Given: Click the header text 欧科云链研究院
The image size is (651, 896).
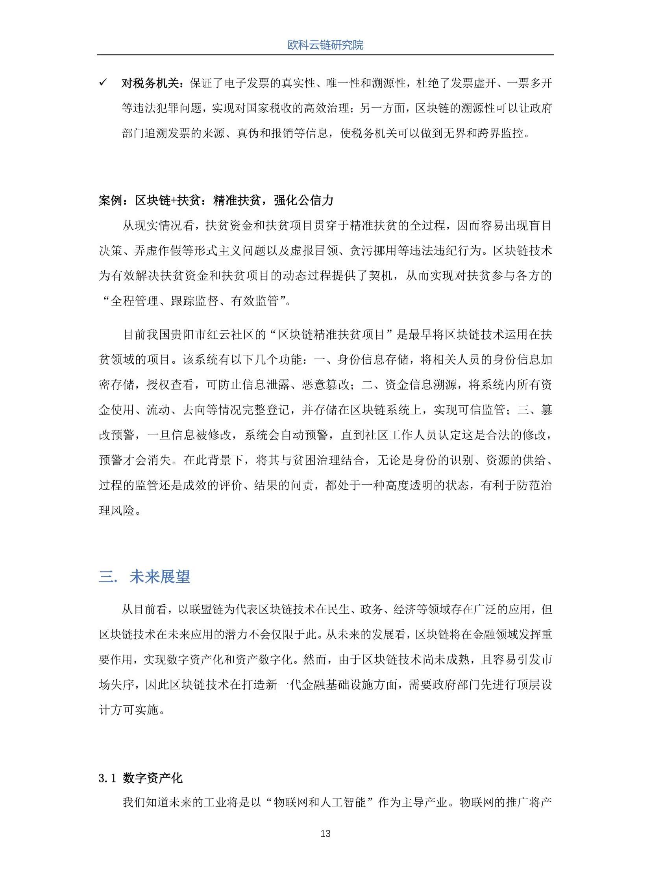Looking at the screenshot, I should click(x=325, y=45).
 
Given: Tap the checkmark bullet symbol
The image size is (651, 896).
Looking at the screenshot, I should click(x=104, y=83).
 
